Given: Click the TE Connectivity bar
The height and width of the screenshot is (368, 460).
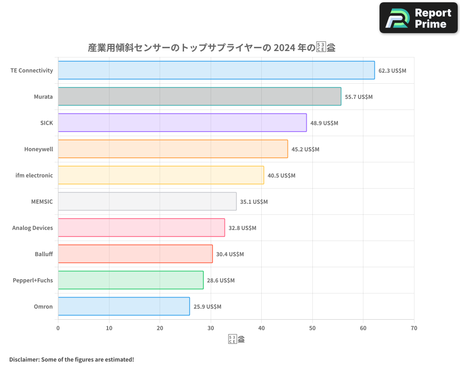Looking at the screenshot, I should coord(216,70).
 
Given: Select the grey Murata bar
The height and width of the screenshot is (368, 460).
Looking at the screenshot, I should coord(200,97).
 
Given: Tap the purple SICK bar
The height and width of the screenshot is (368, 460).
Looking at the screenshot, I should coord(182,123).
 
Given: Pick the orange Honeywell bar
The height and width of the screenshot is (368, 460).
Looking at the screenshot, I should coord(173,149).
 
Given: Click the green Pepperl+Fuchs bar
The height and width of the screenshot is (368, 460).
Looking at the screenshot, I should coord(131,280).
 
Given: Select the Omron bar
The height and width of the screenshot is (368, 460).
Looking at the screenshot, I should coord(124,306).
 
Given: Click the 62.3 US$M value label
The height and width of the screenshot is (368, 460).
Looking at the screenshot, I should coord(392,71).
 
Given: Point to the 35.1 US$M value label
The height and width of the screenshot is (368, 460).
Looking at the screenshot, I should coord(254,202).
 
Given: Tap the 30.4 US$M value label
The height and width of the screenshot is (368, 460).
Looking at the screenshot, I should coord(230,254).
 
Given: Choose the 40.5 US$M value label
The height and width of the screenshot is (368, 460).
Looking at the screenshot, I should coord(282,176).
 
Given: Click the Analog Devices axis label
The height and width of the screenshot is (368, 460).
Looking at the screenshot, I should coord(33,228).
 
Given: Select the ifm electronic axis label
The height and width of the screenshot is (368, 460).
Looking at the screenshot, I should coord(34,176).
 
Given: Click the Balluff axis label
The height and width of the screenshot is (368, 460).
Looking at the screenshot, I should coord(44,254).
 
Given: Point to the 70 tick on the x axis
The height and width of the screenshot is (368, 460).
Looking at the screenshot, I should coord(414,328).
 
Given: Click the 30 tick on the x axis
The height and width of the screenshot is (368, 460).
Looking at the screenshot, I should coord(211,328).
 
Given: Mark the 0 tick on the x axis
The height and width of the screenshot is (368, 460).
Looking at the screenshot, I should coord(58,328).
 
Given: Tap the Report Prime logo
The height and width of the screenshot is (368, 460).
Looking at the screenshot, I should coord(419,17).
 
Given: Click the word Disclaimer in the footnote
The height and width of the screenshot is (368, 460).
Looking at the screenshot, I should coord(23,360).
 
